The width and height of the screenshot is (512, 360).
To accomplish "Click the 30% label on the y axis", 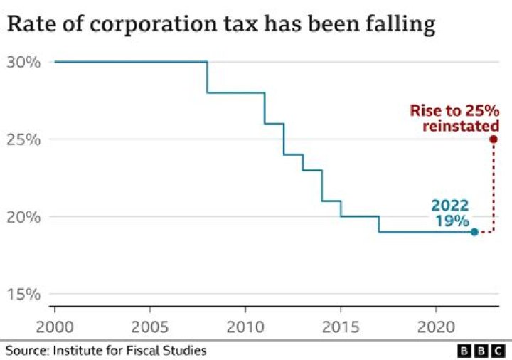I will click(x=23, y=62).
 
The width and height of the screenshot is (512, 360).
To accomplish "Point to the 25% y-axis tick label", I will click(x=23, y=139).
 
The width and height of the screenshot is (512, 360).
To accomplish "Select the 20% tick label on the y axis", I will click(x=23, y=217).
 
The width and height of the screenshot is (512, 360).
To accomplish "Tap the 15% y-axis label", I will click(x=23, y=295).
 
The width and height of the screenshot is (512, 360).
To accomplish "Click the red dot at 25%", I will click(x=494, y=139).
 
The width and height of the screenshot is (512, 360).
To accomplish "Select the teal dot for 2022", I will click(x=474, y=232).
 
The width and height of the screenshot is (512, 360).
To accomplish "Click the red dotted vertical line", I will click(x=494, y=185).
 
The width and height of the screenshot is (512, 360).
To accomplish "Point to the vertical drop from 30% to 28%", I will click(x=207, y=78).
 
